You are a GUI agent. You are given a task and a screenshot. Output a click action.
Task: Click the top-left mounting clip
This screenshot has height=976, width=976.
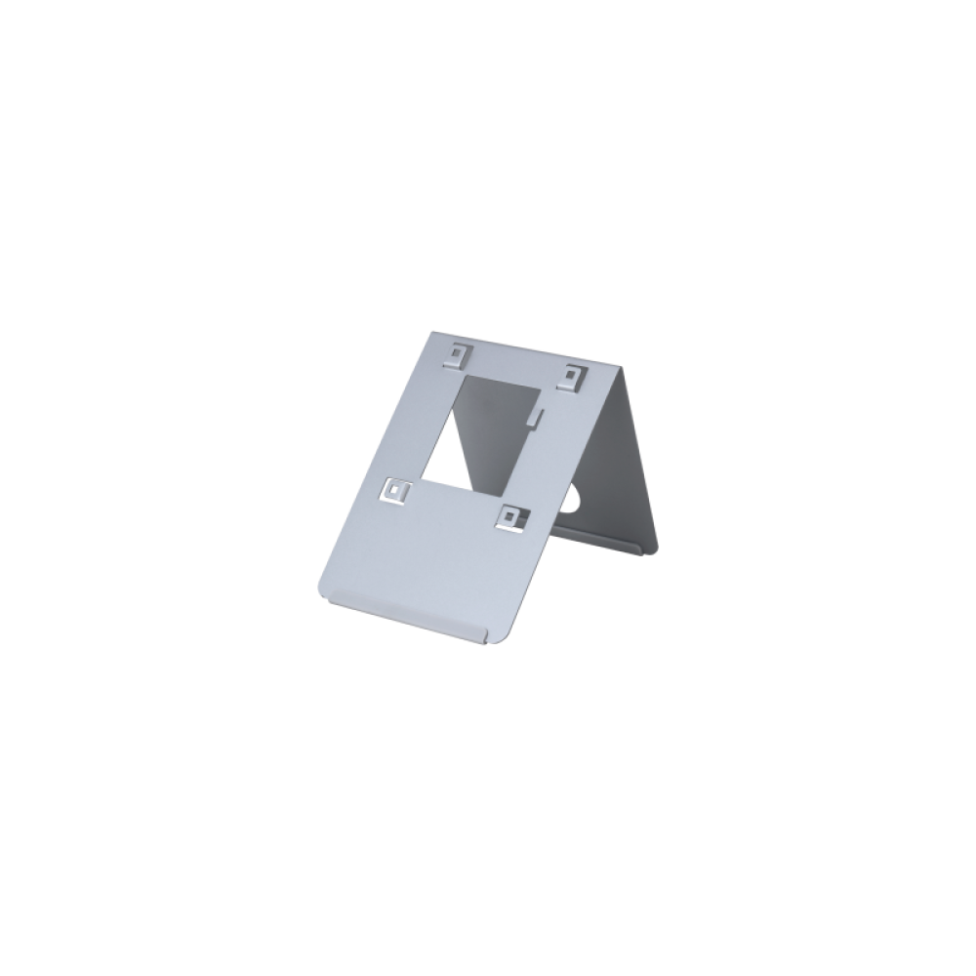click(457, 353)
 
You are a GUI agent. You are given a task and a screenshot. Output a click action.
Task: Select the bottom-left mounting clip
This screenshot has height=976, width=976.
click(396, 492)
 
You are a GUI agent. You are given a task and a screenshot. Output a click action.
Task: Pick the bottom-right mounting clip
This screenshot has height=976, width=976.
click(509, 517)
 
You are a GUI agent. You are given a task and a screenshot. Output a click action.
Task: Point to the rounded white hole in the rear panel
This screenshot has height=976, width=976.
click(577, 500)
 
